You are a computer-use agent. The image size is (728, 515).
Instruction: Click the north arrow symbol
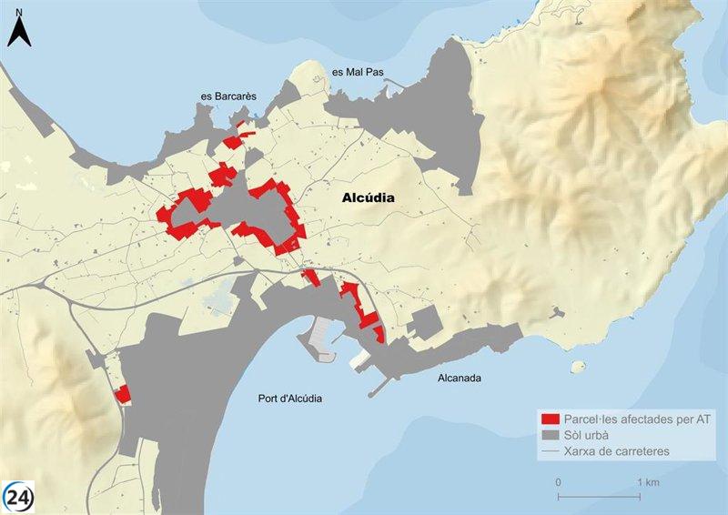point(20,34)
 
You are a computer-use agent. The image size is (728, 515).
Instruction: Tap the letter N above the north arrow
point(20,13)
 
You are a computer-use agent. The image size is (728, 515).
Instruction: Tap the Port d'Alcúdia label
point(290,399)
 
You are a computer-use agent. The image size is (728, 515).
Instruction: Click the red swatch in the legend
point(550,419)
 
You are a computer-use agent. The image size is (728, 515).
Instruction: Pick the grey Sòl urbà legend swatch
point(550,435)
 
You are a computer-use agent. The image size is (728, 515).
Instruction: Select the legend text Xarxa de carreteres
point(617,451)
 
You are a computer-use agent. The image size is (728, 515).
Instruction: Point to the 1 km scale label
point(648,481)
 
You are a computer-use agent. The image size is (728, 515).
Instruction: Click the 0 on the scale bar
point(558,481)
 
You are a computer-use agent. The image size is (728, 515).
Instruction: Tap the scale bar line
point(602,495)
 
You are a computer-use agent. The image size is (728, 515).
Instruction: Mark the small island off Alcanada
point(576,368)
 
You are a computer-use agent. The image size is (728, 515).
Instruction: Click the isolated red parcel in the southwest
point(122,394)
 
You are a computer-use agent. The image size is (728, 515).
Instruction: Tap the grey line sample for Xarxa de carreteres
point(550,451)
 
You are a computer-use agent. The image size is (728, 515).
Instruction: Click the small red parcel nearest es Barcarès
point(240,124)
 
